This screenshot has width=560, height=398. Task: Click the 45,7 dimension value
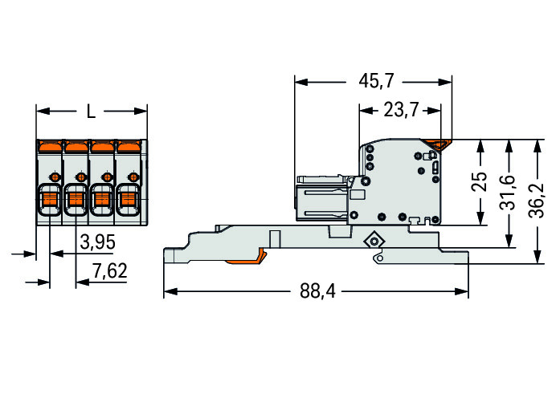(x=376, y=81)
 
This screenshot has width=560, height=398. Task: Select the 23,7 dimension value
(x=401, y=109)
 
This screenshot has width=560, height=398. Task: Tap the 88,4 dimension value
(x=317, y=290)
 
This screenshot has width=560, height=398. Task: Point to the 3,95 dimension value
(x=97, y=242)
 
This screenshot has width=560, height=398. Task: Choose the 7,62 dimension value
(x=109, y=270)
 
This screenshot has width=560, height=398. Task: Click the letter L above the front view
(x=92, y=112)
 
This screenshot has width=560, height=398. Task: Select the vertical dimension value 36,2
(x=537, y=201)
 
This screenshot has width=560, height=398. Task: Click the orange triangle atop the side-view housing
(x=440, y=144)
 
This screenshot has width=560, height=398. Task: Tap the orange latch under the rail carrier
(x=247, y=259)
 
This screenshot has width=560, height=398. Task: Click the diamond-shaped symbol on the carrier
(x=374, y=242)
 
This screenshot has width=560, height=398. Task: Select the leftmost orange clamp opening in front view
(x=50, y=199)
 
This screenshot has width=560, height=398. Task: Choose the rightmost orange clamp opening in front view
(x=128, y=199)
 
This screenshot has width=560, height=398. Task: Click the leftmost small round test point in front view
(x=55, y=177)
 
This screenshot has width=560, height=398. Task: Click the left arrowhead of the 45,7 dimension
(x=301, y=82)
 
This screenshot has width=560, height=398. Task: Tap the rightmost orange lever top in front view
(x=129, y=146)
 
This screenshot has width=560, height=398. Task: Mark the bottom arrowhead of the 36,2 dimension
(x=537, y=257)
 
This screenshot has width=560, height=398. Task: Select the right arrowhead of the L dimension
(x=141, y=112)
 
